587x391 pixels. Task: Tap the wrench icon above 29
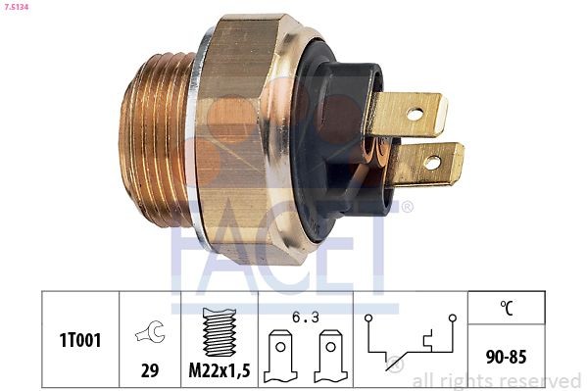[149, 334]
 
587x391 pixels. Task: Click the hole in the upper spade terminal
[416, 114]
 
